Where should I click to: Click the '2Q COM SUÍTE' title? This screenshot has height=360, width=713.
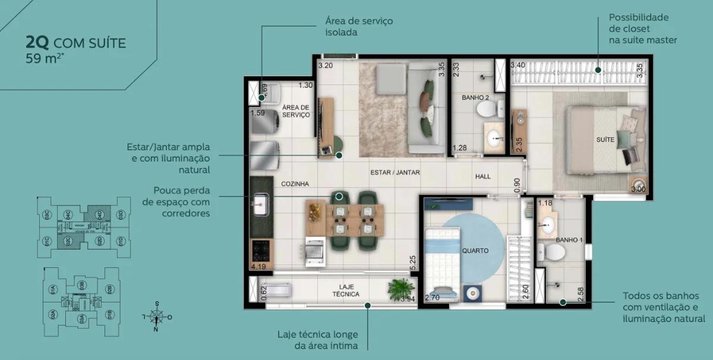(75, 43)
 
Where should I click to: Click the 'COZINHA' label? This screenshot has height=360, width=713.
(295, 184)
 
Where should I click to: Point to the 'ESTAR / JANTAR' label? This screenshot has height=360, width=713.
(395, 173)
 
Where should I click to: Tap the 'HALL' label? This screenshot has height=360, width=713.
(483, 177)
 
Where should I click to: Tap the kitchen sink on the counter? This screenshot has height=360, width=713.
(260, 206)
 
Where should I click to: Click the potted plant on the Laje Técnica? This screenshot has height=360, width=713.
(400, 289)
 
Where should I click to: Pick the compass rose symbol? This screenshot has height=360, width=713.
(157, 317)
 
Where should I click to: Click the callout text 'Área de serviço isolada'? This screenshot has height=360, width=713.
(358, 27)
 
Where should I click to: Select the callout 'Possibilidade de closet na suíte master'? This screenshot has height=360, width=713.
(642, 29)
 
